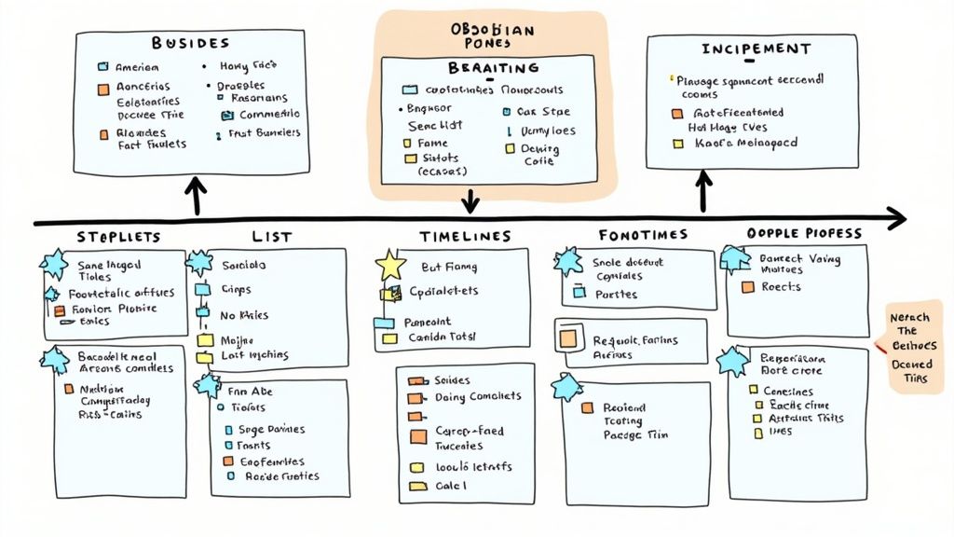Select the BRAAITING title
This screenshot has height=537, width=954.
(x=493, y=68)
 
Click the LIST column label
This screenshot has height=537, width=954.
(x=271, y=237)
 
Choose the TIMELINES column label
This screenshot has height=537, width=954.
(x=465, y=237)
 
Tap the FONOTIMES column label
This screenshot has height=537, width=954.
(x=643, y=235)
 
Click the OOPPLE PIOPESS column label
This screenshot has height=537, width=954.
(x=804, y=233)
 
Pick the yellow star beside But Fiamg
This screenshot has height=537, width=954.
(x=389, y=267)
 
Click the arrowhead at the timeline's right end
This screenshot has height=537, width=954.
(x=896, y=219)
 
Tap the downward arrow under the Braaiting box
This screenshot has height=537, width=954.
(x=470, y=199)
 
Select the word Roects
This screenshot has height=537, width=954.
(x=781, y=287)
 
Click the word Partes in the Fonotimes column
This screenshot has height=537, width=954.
(x=615, y=294)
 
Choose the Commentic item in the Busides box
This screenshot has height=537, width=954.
(x=269, y=115)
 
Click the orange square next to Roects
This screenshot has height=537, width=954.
(x=747, y=287)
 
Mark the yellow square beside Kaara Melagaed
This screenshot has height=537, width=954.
(x=677, y=144)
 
